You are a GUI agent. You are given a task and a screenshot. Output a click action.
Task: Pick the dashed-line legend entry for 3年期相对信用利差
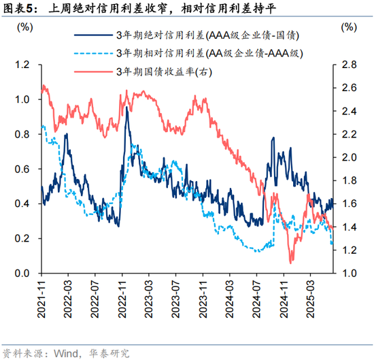click(x=208, y=53)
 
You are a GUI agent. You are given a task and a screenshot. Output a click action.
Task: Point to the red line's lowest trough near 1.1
click(x=291, y=262)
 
